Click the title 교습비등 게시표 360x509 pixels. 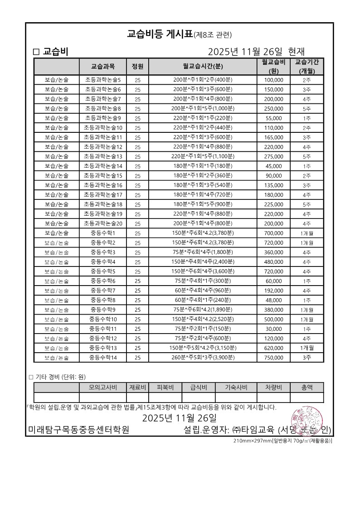coord(160,34)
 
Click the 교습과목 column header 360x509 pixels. coord(103,66)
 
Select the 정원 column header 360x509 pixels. coord(137,66)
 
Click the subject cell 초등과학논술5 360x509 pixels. coord(103,80)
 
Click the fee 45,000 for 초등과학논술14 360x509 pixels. coord(273,166)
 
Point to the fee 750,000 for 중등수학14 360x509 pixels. coord(273,357)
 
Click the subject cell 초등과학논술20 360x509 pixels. coord(103,223)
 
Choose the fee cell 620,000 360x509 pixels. coord(273,348)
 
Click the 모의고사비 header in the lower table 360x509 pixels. coord(103,387)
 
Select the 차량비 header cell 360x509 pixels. coord(273,387)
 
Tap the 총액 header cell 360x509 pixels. coord(307,387)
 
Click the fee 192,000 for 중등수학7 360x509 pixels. coord(273,291)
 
